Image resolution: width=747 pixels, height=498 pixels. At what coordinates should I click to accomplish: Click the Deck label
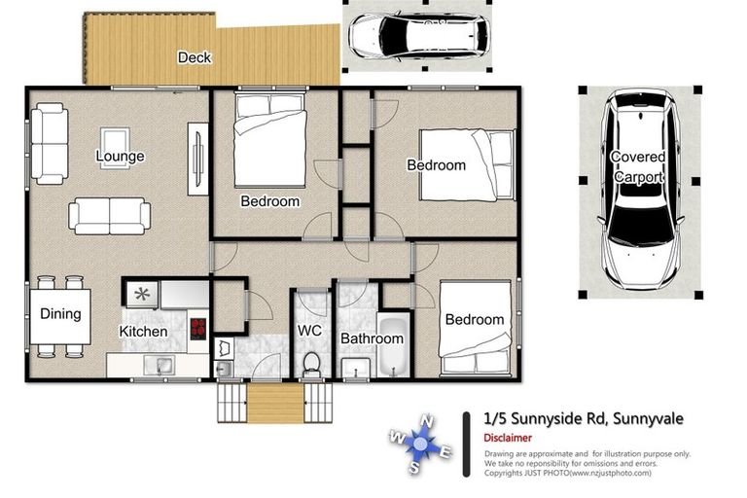(x=195, y=57)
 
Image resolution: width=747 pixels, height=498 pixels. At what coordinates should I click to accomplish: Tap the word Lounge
(x=120, y=156)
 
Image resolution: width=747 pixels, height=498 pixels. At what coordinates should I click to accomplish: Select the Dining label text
(x=60, y=314)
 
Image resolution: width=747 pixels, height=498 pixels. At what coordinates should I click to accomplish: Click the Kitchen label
(x=143, y=332)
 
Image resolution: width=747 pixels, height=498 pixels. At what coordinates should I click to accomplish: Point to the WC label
(x=309, y=331)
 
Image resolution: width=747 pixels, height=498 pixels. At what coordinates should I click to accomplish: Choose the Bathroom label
(x=372, y=338)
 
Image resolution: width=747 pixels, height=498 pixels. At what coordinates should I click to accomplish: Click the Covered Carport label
(x=638, y=167)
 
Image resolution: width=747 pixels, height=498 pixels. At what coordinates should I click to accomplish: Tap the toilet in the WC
(x=312, y=364)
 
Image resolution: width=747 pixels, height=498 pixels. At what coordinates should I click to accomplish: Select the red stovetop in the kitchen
(x=198, y=327)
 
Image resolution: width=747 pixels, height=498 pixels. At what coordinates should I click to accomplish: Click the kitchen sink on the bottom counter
(x=164, y=366)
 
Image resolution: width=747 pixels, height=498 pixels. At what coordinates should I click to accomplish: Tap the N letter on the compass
(x=426, y=420)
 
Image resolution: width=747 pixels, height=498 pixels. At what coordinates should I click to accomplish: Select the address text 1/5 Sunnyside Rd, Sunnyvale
(x=584, y=418)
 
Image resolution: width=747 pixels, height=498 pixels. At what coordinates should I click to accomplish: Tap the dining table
(x=60, y=319)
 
